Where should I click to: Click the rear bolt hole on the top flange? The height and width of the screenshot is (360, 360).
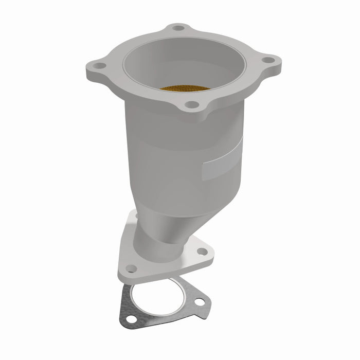coord(178,28)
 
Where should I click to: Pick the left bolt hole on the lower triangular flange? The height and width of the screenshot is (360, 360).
coord(131,268)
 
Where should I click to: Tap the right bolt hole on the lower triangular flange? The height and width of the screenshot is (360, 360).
coord(202,252)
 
